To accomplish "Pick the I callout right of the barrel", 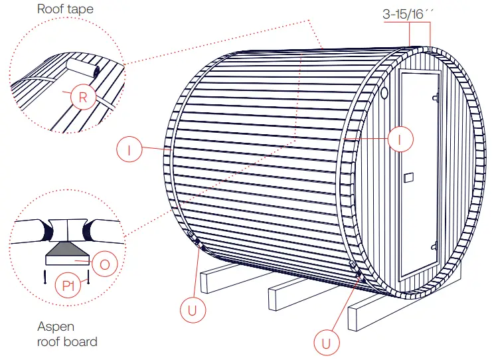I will click(x=400, y=138).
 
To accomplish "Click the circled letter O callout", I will click(x=105, y=264).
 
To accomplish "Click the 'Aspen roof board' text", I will click(x=66, y=334).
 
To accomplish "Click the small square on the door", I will click(x=409, y=177).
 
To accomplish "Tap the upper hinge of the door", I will click(x=436, y=98).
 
